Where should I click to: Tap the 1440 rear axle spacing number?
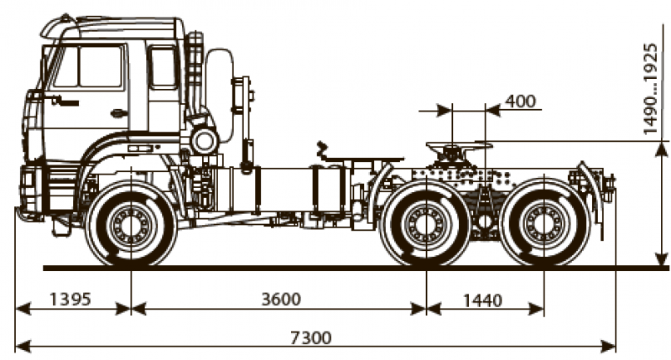coord(481,300)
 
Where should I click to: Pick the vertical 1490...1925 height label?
coord(650,88)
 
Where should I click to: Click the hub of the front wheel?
coord(130,226)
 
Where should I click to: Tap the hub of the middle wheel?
coord(425,226)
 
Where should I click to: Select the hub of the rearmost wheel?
coord(544,226)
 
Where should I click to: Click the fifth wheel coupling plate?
coord(457,147)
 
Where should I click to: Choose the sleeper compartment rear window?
coord(163,67)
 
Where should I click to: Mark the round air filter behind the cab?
coord(204,138)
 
